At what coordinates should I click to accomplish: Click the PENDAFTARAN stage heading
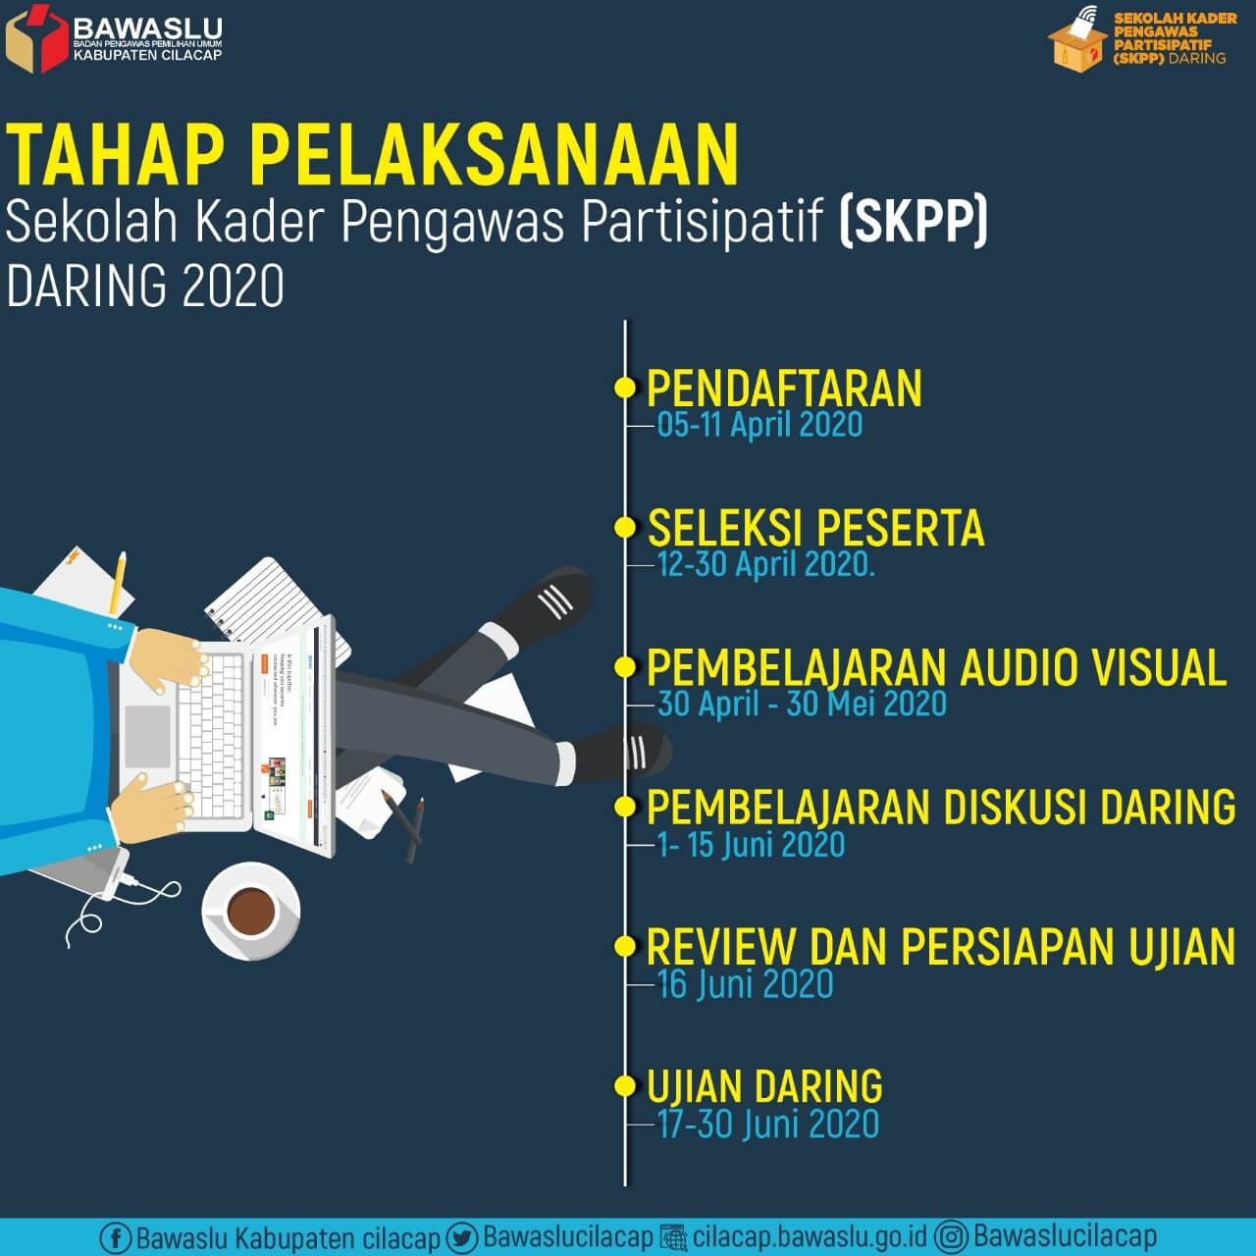point(784,389)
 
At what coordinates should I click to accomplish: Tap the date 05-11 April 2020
point(759,425)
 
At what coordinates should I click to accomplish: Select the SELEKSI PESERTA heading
point(815,528)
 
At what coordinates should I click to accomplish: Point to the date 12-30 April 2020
point(765,564)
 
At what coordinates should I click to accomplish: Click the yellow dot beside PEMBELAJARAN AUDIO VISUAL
point(624,667)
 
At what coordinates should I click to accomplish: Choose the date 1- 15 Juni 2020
point(751,844)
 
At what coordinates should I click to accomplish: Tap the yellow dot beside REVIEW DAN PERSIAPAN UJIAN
point(624,947)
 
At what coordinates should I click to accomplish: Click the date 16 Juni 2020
point(745,984)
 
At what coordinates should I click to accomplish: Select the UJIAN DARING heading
point(764,1087)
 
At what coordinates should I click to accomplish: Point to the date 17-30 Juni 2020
point(767,1125)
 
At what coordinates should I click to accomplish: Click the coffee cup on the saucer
point(250,911)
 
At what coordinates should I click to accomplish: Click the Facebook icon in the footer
point(115,1237)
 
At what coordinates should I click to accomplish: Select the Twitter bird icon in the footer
point(461,1237)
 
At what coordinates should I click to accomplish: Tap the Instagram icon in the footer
point(951,1236)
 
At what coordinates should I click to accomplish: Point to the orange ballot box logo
point(1076,41)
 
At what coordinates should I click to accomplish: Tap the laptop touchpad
point(148,736)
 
